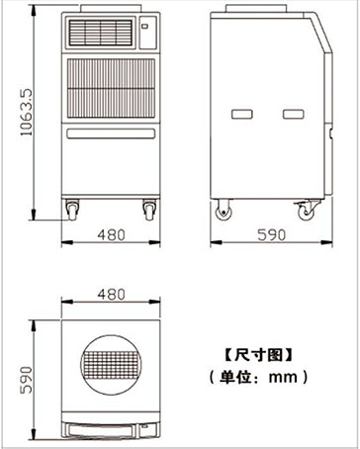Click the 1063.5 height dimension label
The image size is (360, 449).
click(27, 112)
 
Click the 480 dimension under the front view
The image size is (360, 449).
click(111, 235)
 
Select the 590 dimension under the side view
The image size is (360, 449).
click(271, 235)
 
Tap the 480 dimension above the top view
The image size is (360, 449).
click(111, 294)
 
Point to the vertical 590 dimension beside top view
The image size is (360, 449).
click(27, 380)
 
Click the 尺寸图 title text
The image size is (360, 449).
click(258, 356)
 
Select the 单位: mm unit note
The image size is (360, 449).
click(258, 377)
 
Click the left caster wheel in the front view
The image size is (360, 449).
click(72, 210)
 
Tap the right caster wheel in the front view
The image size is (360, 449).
click(149, 210)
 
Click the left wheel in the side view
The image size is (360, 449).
click(224, 211)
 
